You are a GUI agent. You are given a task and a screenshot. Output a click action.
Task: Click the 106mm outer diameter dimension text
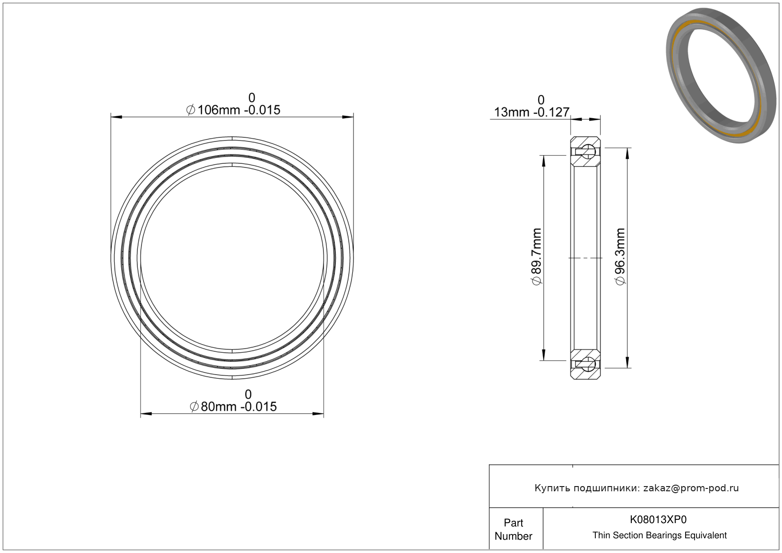(233, 110)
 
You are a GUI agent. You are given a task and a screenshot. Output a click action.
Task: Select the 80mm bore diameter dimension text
(233, 406)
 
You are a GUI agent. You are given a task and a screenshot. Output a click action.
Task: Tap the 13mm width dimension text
(532, 112)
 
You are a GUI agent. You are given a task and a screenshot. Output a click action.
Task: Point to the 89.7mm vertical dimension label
(536, 256)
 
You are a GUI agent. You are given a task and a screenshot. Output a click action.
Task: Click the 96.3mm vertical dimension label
(620, 256)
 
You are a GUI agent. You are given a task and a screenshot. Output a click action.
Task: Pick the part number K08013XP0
(658, 519)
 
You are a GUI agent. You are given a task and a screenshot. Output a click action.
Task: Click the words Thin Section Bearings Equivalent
(659, 535)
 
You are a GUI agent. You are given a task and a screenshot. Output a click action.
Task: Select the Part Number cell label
(513, 529)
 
